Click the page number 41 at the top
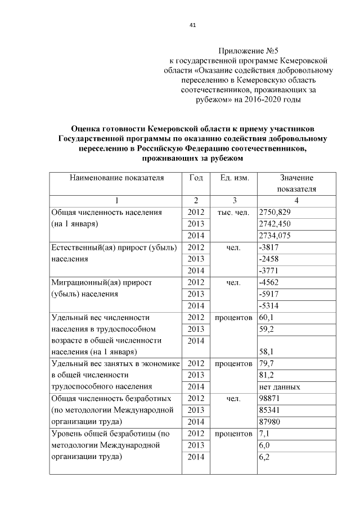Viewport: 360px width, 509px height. [x=192, y=25]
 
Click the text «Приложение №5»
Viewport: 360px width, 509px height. [x=249, y=51]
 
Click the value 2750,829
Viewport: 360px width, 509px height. [x=273, y=212]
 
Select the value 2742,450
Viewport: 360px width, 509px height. [x=273, y=224]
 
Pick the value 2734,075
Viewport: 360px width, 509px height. [x=273, y=236]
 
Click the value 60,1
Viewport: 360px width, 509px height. [x=265, y=318]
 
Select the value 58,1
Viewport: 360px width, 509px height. [x=265, y=353]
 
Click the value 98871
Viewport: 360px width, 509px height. [x=269, y=399]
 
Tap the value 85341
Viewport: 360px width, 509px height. [x=269, y=411]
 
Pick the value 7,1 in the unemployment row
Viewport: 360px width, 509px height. [x=264, y=434]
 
